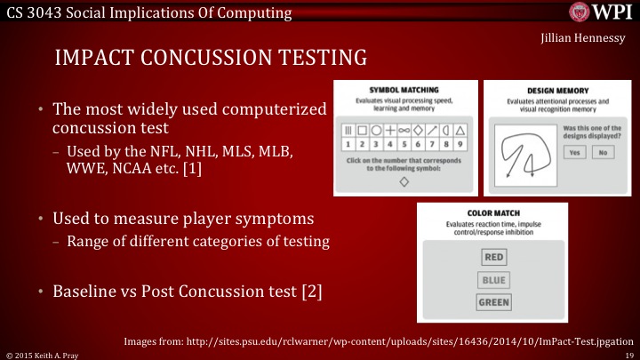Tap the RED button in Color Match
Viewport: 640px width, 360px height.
coord(493,258)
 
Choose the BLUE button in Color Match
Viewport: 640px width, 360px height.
coord(493,280)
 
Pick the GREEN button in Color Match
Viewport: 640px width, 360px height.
coord(493,302)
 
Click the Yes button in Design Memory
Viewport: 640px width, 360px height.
coord(575,152)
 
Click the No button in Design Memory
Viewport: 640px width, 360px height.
coord(604,152)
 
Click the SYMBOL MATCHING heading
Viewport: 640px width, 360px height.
coord(404,90)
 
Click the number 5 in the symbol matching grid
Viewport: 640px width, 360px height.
coord(404,141)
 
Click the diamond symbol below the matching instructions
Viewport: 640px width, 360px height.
coord(404,181)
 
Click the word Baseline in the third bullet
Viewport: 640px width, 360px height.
coord(87,291)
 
